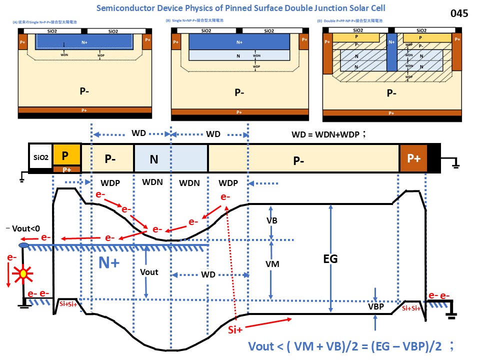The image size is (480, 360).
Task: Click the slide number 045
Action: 459,13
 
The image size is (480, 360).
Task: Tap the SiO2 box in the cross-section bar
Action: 40,157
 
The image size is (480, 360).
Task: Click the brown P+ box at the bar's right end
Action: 413,158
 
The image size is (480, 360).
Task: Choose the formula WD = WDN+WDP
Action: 329,134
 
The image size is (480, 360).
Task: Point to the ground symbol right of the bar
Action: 455,162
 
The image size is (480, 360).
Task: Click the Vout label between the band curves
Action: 149,271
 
